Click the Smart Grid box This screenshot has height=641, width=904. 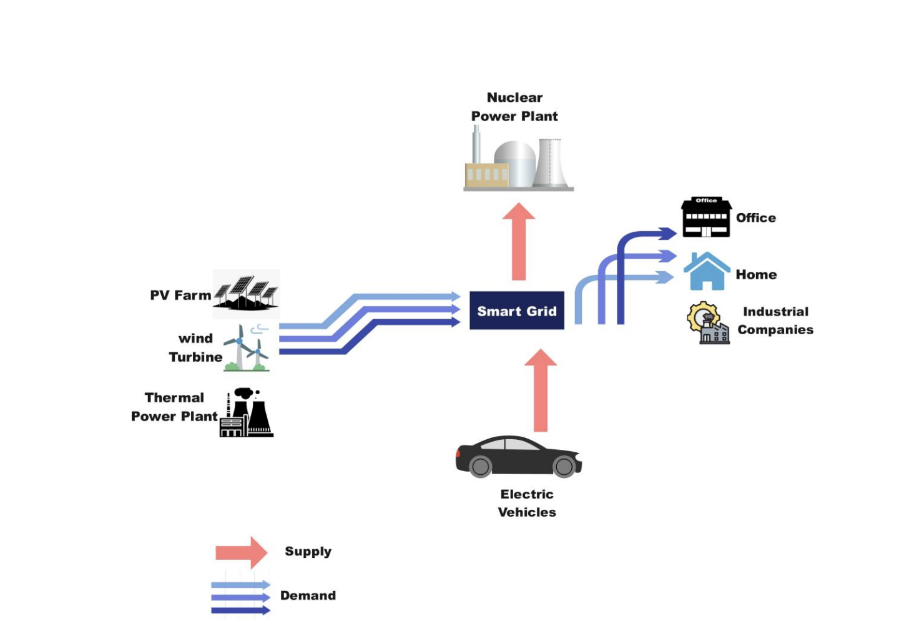[516, 311]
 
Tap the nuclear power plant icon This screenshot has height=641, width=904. [518, 161]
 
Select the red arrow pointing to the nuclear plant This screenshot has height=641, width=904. [518, 241]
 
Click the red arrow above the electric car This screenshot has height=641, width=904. [540, 390]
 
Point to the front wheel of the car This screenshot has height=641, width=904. [563, 466]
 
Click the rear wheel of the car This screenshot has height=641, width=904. [480, 466]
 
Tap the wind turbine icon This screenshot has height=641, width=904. [246, 349]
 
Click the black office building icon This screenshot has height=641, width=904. [706, 217]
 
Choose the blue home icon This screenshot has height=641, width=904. [707, 272]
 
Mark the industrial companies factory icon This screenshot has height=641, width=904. [708, 324]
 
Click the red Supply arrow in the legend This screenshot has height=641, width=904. [241, 552]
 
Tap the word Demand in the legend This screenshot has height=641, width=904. [308, 595]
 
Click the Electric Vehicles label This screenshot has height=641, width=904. [527, 503]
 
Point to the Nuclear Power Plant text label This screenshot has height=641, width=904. [514, 107]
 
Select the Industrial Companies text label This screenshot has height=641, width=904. [775, 320]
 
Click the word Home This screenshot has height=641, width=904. [756, 274]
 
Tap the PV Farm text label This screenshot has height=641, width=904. [180, 295]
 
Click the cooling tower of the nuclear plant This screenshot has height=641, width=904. [550, 162]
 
